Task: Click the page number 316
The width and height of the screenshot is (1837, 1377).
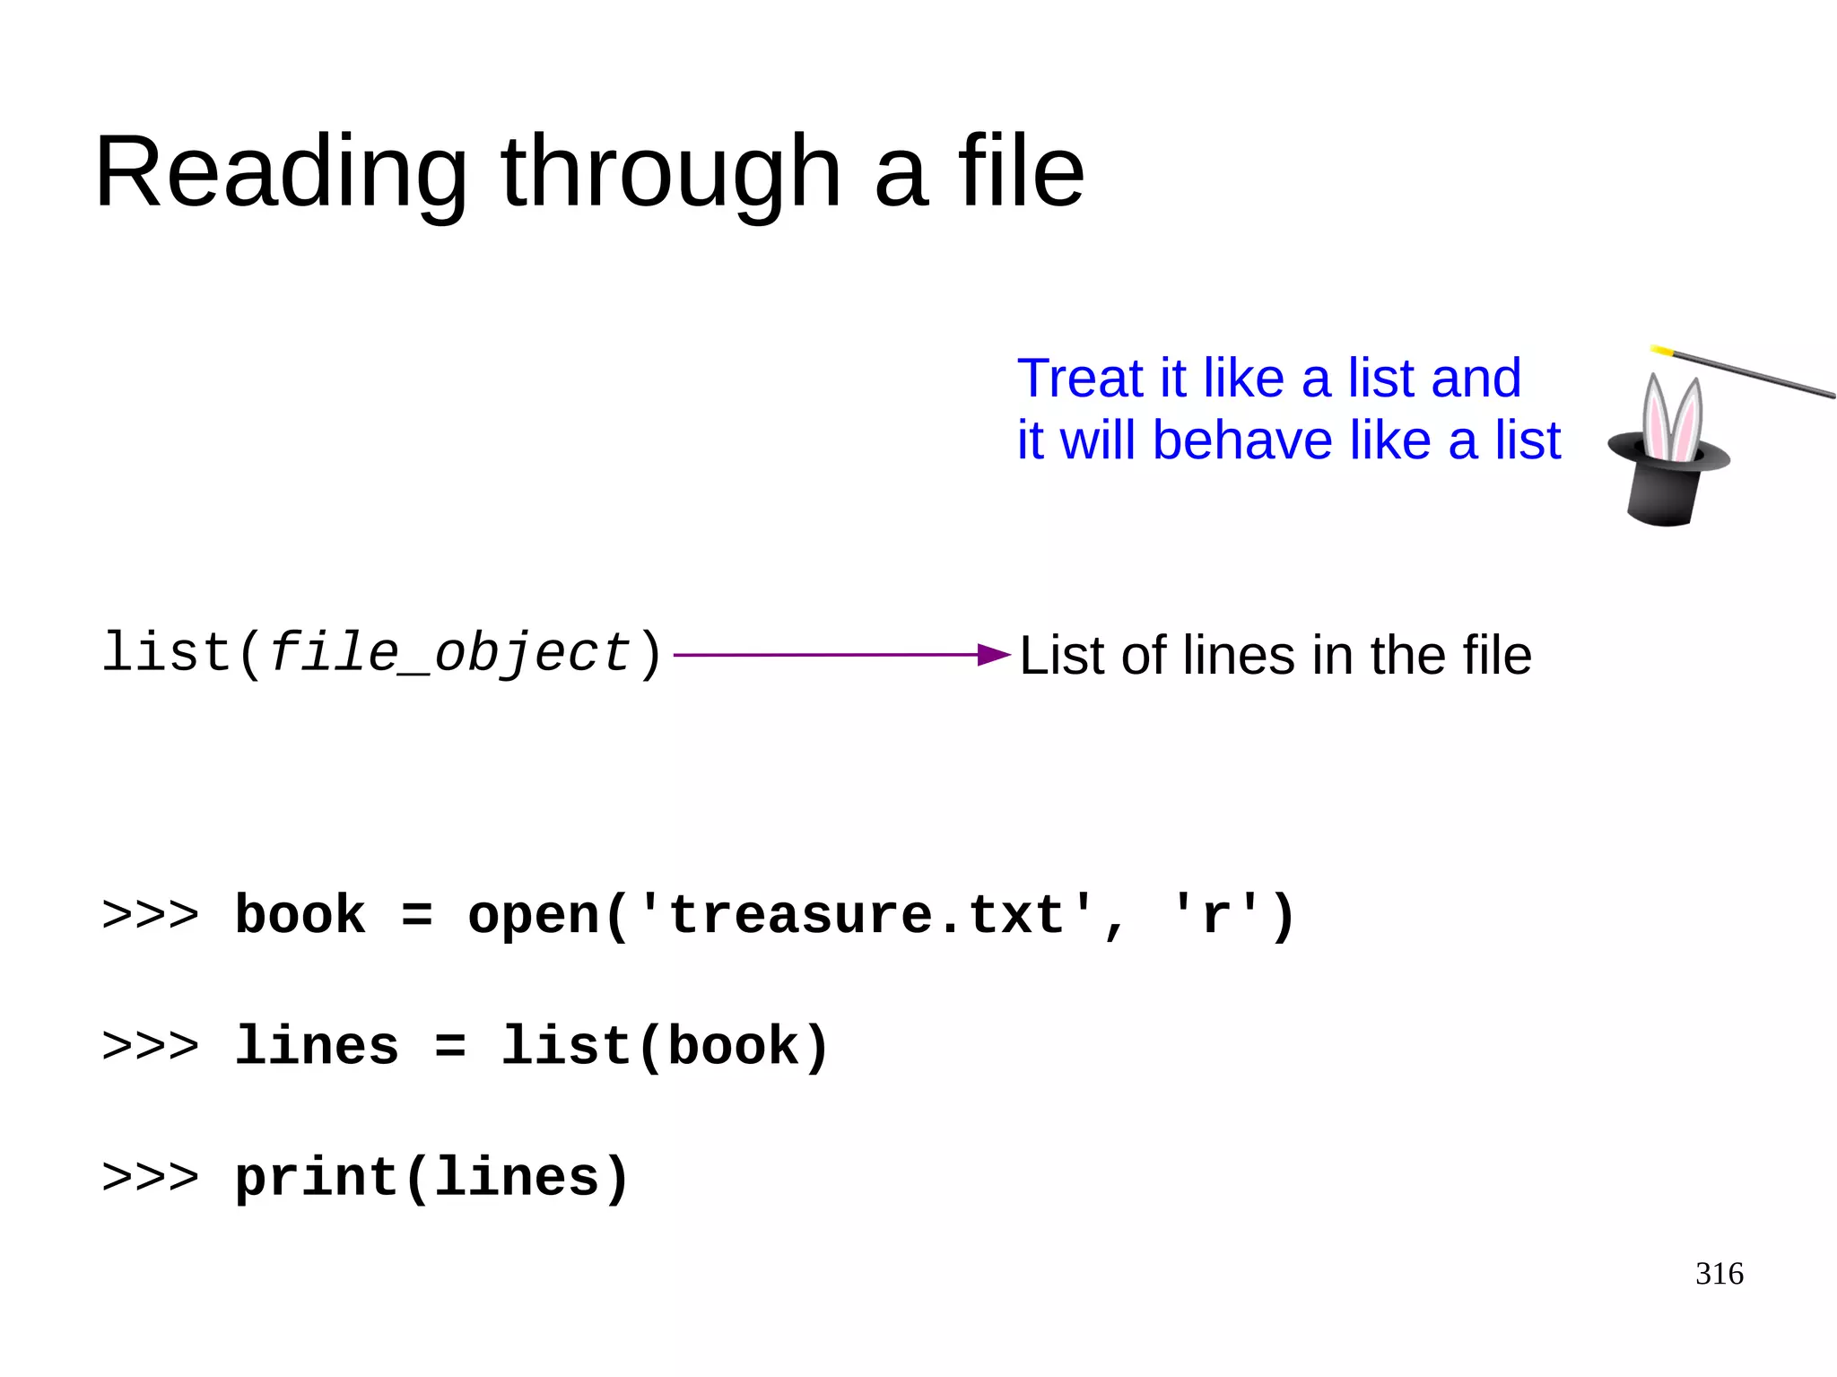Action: click(1719, 1274)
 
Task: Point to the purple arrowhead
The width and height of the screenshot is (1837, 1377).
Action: click(994, 655)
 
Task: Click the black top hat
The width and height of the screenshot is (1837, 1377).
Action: click(1666, 484)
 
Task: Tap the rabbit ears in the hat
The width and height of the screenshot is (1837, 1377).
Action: click(1671, 416)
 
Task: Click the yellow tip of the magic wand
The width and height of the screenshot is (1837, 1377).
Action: click(1661, 351)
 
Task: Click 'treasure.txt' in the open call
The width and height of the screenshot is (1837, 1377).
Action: click(866, 916)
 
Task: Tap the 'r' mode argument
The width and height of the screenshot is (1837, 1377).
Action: click(1216, 916)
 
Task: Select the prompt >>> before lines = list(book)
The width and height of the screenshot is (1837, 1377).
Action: click(150, 1047)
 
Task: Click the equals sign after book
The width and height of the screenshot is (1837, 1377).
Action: click(417, 916)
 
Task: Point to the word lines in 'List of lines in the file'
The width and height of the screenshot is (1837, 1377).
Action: click(1240, 655)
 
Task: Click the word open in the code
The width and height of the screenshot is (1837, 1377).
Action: click(534, 916)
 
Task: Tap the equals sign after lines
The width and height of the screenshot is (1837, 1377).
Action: click(450, 1047)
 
